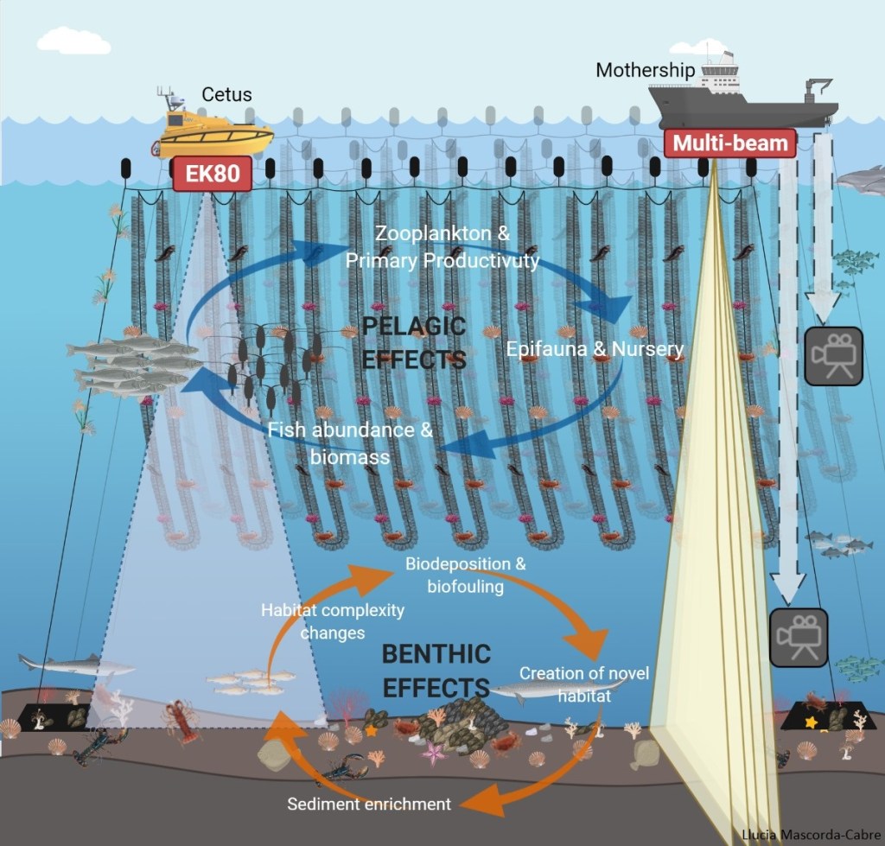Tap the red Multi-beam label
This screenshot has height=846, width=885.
pyautogui.click(x=730, y=143)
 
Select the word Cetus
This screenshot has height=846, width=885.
pyautogui.click(x=226, y=94)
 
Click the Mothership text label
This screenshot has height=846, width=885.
pyautogui.click(x=645, y=70)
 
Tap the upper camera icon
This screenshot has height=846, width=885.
pyautogui.click(x=833, y=355)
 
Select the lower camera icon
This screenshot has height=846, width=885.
pyautogui.click(x=798, y=637)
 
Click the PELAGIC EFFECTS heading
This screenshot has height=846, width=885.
pyautogui.click(x=414, y=342)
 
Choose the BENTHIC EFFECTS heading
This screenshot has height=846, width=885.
pyautogui.click(x=436, y=670)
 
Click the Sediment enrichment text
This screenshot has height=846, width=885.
pyautogui.click(x=369, y=805)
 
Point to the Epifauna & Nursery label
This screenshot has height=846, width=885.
pyautogui.click(x=595, y=350)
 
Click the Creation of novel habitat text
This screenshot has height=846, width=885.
pyautogui.click(x=584, y=684)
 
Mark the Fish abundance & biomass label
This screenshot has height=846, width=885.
pyautogui.click(x=350, y=442)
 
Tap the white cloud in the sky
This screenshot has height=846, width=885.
pyautogui.click(x=73, y=39)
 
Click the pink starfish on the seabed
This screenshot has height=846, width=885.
pyautogui.click(x=432, y=751)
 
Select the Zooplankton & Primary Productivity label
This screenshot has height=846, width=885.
pyautogui.click(x=442, y=247)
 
